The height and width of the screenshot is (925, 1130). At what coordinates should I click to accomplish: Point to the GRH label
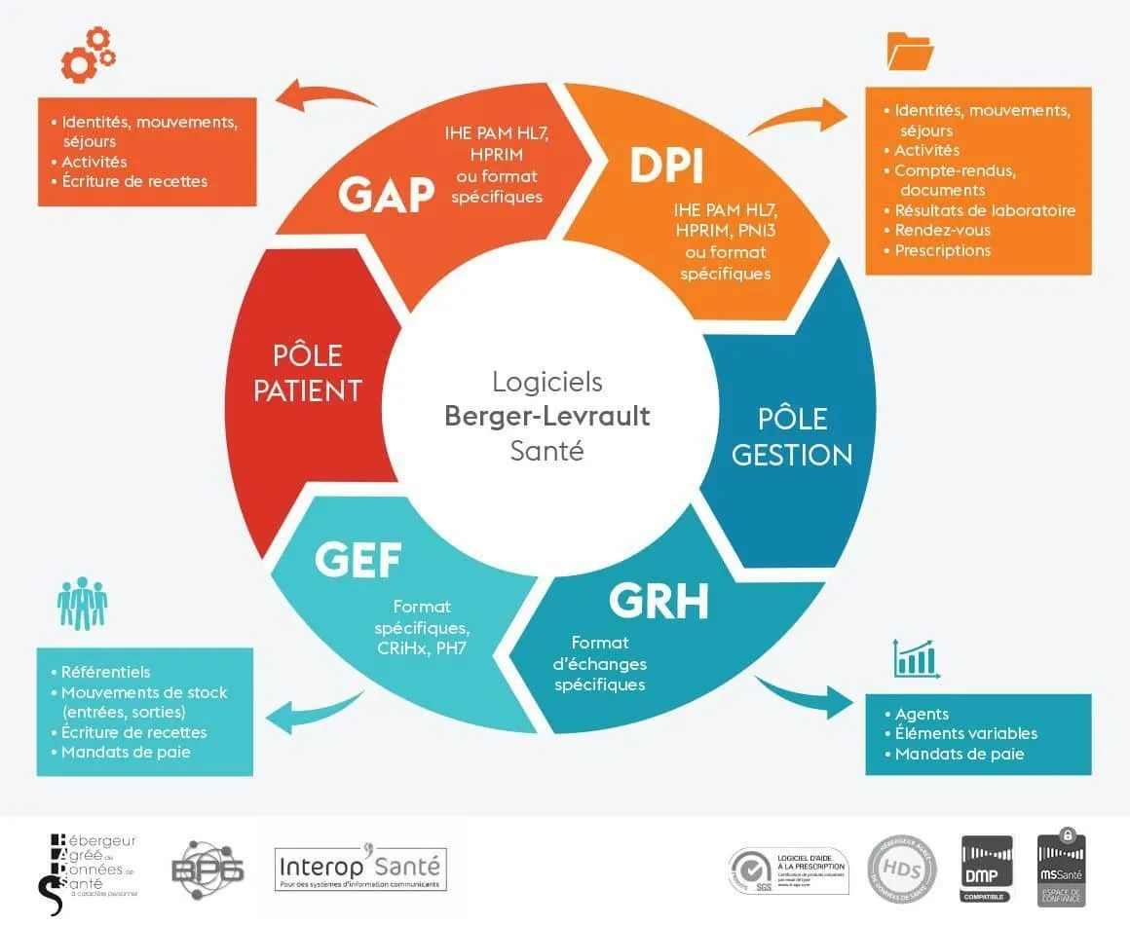(659, 602)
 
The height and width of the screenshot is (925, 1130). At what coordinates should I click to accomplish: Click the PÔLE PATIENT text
(307, 372)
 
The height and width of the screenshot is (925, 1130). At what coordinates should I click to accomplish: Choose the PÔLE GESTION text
(792, 436)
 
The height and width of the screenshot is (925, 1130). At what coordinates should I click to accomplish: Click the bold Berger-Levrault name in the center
(546, 416)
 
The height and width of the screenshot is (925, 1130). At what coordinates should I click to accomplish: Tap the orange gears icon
(88, 55)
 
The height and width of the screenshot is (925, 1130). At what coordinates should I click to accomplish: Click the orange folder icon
(910, 51)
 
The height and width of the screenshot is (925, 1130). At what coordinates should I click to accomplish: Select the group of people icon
(82, 604)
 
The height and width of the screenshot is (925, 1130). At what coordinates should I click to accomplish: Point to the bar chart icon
(914, 658)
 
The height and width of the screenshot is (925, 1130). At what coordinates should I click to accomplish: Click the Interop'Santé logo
(360, 867)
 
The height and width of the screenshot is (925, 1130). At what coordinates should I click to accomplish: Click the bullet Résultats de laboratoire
(985, 210)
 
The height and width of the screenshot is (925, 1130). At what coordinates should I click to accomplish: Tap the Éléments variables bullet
(965, 733)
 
